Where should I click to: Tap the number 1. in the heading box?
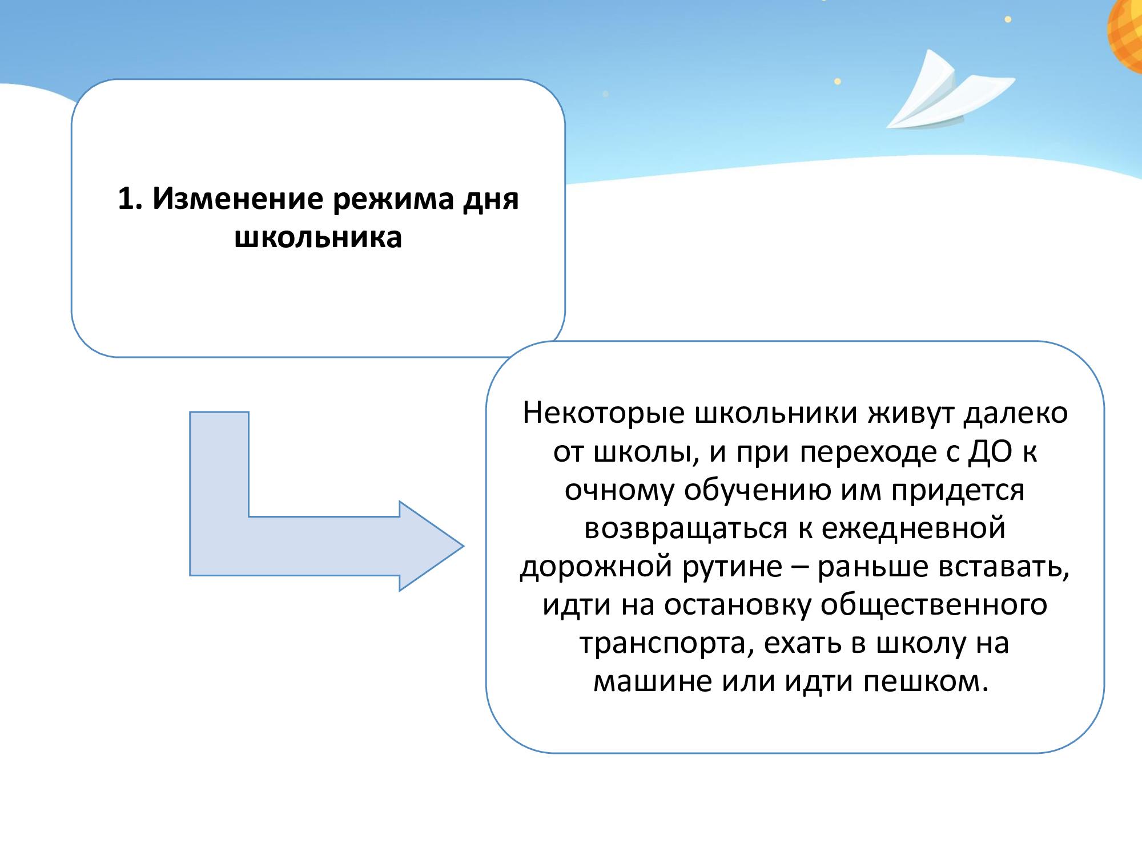pos(130,199)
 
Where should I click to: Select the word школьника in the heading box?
pos(319,237)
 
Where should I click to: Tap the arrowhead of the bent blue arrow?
pos(432,546)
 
